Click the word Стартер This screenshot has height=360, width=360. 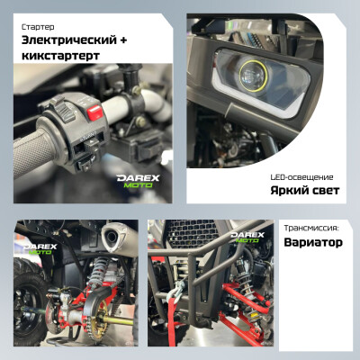coord(38,27)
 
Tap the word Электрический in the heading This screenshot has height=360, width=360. coord(69,40)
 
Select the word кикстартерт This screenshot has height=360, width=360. coord(60,56)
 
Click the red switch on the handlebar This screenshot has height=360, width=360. coord(94,112)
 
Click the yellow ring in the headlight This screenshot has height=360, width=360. coord(254,76)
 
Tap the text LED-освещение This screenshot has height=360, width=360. coord(301,177)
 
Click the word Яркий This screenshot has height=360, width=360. coord(285,191)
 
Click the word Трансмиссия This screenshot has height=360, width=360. coord(310,228)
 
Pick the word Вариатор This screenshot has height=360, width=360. coord(313,242)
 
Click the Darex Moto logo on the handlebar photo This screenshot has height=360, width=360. coord(138,181)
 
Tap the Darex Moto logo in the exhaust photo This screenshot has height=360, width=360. coord(40,249)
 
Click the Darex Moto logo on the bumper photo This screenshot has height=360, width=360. coord(247,237)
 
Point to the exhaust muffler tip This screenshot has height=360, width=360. coord(111,238)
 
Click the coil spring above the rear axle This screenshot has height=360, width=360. coord(98,274)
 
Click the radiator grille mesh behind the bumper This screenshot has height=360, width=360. coord(192,232)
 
